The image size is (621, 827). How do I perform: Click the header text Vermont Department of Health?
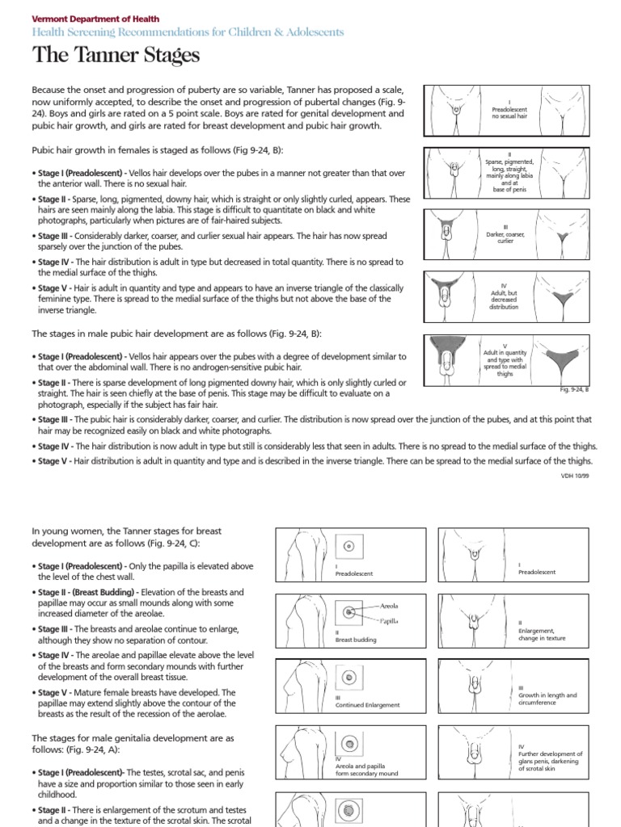[95, 18]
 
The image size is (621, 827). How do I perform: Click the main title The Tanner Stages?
[116, 56]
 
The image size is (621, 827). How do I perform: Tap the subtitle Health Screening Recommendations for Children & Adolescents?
[188, 32]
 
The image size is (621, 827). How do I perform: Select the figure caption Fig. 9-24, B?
[575, 389]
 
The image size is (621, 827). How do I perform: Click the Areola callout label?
[389, 604]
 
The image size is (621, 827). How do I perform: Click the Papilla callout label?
[389, 621]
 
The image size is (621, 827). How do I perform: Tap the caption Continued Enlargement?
[368, 705]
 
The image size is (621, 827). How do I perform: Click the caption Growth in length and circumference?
[547, 698]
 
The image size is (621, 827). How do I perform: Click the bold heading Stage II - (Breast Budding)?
[96, 592]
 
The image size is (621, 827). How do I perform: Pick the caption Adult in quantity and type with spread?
[505, 363]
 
